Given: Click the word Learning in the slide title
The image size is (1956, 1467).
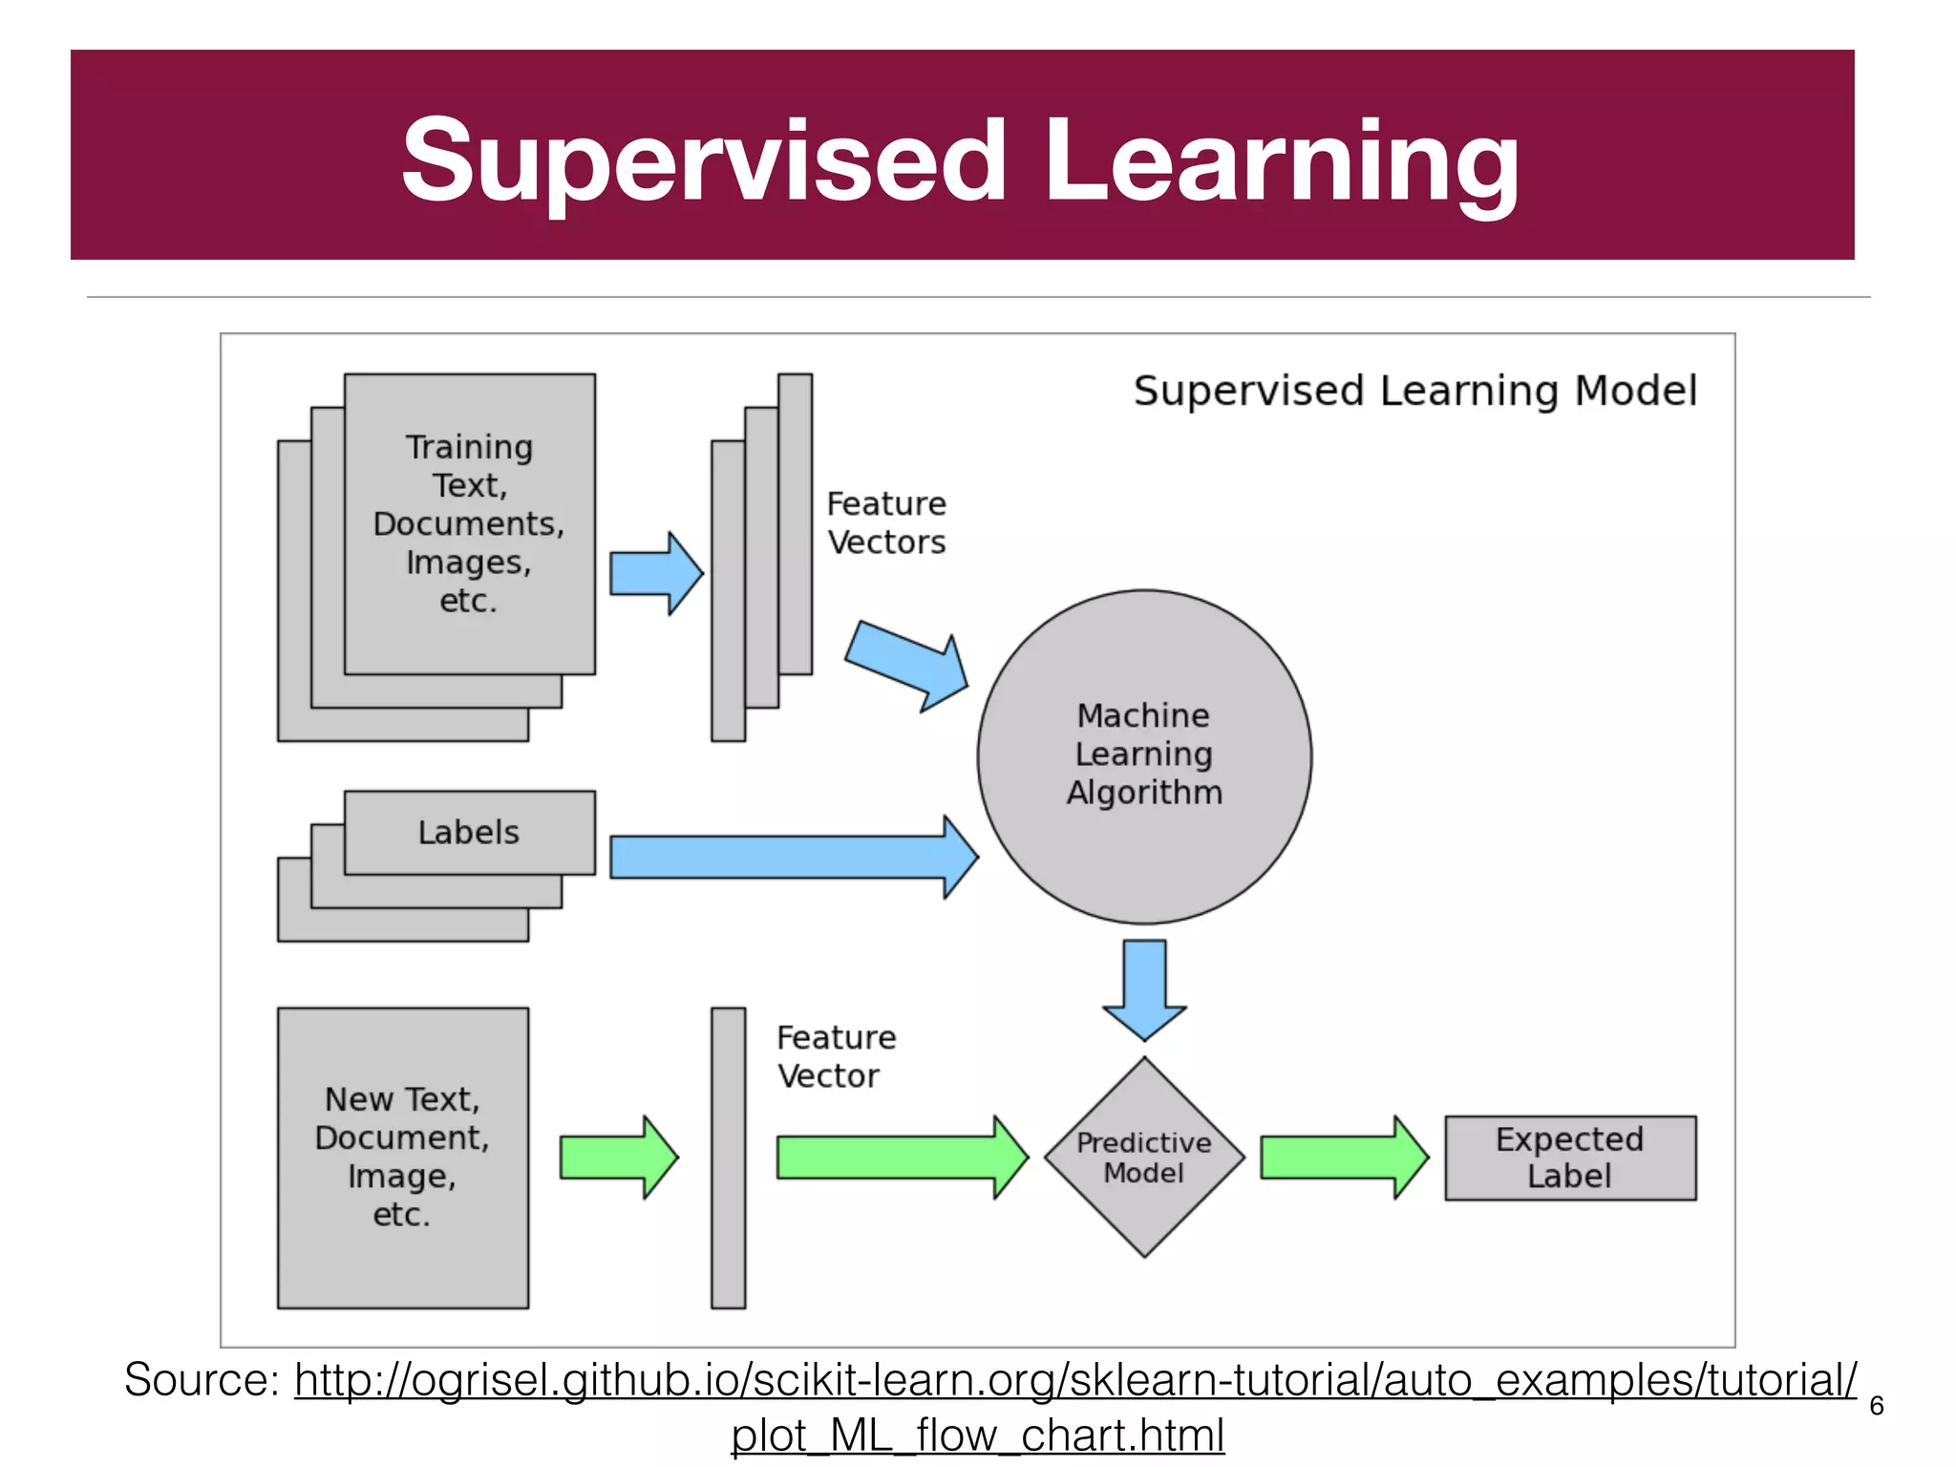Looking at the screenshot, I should click(x=1281, y=162).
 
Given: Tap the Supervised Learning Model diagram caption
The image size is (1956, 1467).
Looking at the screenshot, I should click(x=1414, y=391).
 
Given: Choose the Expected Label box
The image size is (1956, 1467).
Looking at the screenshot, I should click(x=1569, y=1158).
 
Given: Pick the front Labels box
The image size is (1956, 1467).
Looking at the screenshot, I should click(x=469, y=832).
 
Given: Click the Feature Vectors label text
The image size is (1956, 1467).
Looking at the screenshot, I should click(x=886, y=522).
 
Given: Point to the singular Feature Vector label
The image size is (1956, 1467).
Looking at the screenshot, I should click(x=836, y=1056).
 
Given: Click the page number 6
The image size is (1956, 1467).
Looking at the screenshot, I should click(x=1876, y=1405).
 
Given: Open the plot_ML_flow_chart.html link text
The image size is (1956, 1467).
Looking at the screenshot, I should click(x=977, y=1435).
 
